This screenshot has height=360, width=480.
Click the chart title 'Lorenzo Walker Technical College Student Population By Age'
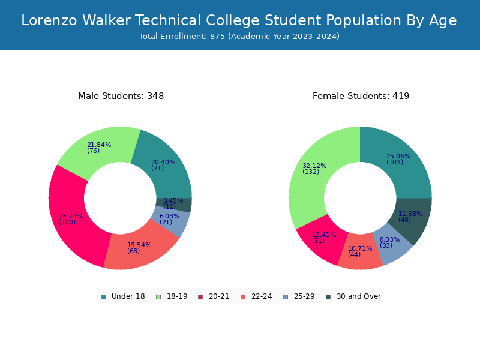click(x=239, y=20)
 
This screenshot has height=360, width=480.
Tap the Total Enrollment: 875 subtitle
click(x=239, y=37)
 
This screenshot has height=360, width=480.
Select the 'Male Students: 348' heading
click(x=121, y=96)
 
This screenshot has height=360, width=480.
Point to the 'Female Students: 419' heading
click(x=361, y=96)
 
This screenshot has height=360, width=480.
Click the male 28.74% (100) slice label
click(x=71, y=219)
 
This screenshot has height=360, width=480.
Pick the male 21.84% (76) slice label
click(x=99, y=148)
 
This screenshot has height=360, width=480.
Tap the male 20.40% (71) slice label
click(x=163, y=165)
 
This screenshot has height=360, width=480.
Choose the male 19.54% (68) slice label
click(x=139, y=248)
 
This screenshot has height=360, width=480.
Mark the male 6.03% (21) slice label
click(x=169, y=219)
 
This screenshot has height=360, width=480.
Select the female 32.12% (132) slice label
click(x=314, y=169)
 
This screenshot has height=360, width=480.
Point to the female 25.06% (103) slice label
click(x=398, y=159)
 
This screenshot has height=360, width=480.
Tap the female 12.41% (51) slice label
click(x=324, y=238)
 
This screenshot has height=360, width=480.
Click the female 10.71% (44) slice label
click(x=360, y=251)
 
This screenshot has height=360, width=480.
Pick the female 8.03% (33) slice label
click(x=389, y=242)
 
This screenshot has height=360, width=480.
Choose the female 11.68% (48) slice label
click(x=410, y=217)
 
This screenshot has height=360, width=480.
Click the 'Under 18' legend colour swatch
click(x=103, y=297)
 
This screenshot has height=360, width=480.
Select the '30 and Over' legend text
click(x=359, y=296)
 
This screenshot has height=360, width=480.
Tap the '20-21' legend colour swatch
click(x=200, y=297)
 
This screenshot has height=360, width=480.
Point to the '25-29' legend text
click(x=304, y=296)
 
